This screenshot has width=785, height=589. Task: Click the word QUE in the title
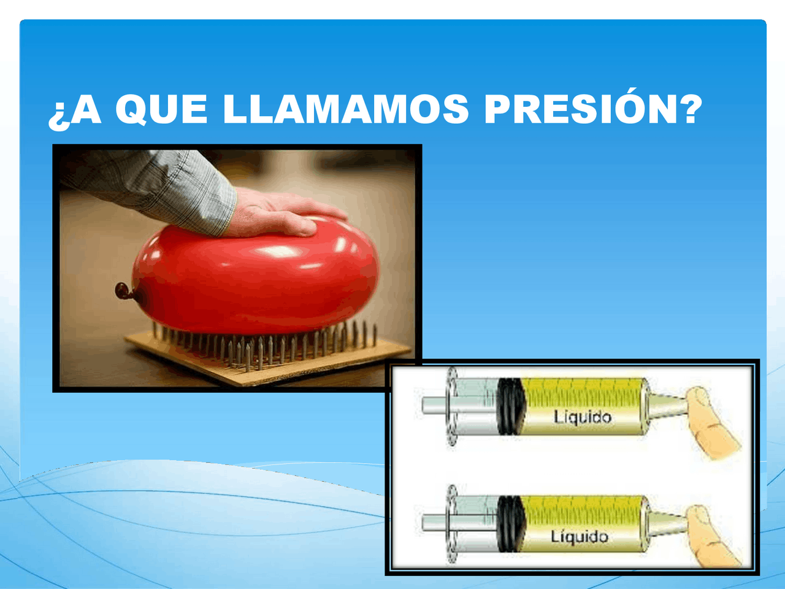click(x=161, y=109)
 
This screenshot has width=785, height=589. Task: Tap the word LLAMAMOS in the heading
click(x=345, y=109)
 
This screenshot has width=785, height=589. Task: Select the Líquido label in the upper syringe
click(x=583, y=417)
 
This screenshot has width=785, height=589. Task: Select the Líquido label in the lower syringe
click(x=580, y=537)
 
